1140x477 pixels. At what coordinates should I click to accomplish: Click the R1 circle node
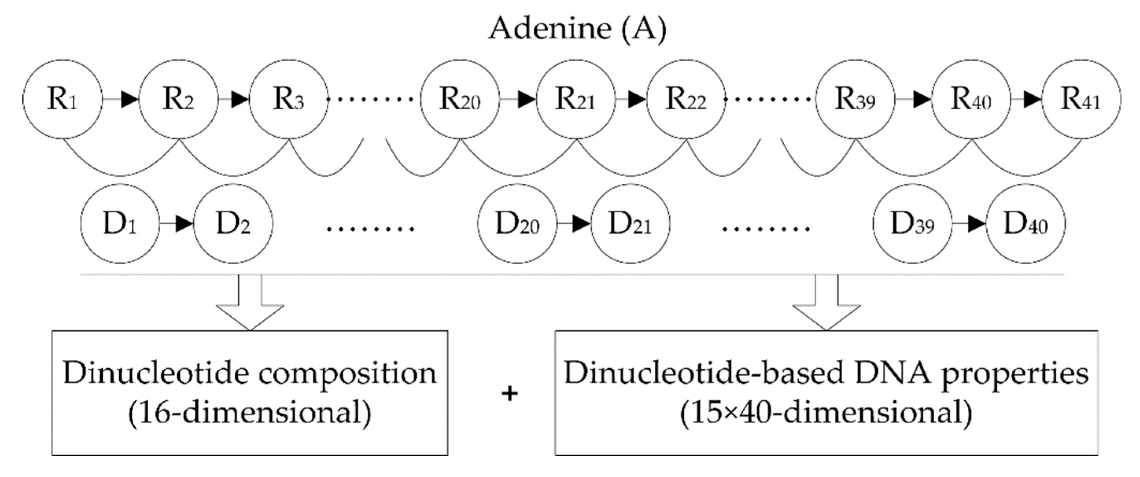[62, 99]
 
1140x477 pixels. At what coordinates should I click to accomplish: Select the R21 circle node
[575, 99]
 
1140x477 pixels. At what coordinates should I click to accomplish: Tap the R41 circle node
[1081, 99]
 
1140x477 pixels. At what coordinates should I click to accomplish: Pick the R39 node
[855, 99]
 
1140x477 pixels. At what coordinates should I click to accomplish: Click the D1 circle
[120, 224]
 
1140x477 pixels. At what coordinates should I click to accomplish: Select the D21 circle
[630, 224]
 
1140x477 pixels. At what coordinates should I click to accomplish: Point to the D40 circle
[1026, 224]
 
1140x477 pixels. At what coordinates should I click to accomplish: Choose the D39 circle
[912, 224]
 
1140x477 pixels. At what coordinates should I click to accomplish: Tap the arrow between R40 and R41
[1027, 99]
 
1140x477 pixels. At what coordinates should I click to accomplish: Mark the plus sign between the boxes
[510, 393]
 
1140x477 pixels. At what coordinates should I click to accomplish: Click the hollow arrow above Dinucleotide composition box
[250, 305]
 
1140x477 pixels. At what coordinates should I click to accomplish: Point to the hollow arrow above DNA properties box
[826, 305]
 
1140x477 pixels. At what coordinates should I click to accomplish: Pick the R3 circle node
[289, 99]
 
